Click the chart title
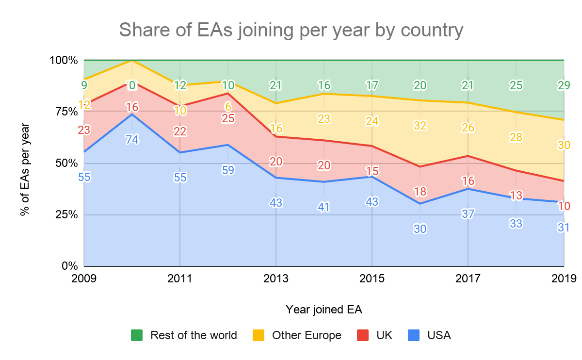pos(291,30)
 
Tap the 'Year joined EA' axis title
pos(324,309)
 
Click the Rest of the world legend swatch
pos(137,335)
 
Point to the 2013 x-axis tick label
pos(276,279)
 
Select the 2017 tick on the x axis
pos(468,279)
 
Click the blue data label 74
pos(132,140)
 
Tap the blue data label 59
pos(228,171)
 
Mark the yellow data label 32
pos(420,126)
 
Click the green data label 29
pos(564,86)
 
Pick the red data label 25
pos(228,118)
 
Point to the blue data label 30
pos(420,229)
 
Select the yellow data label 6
pos(228,107)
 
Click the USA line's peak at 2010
pos(132,114)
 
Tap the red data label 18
pos(420,192)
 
